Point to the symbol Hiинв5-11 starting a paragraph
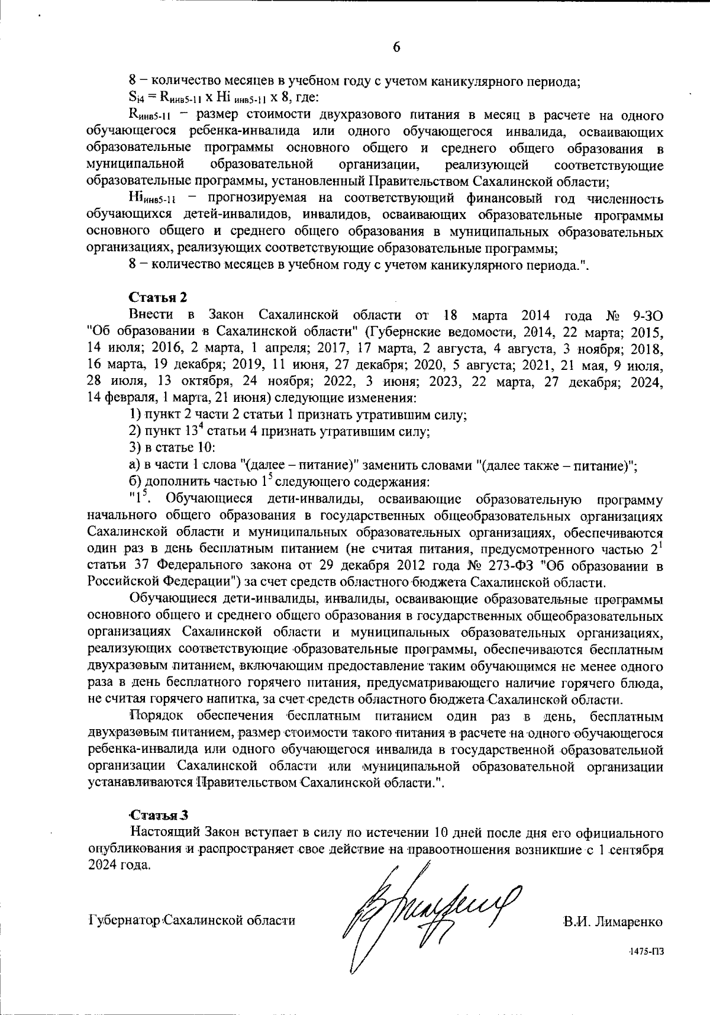pos(153,198)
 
